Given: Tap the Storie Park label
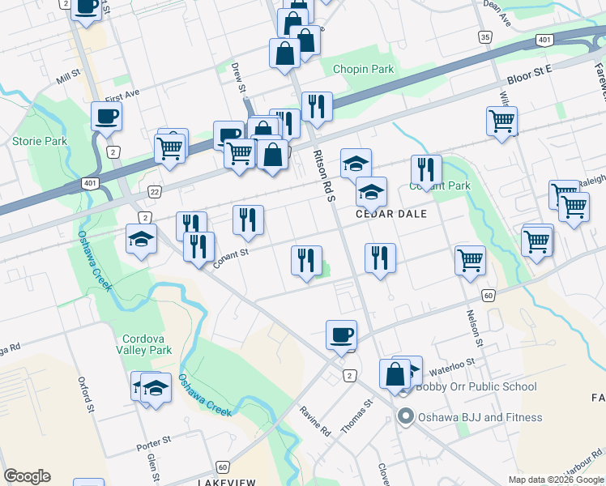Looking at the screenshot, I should (39, 141).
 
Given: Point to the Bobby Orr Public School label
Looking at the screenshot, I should (476, 386).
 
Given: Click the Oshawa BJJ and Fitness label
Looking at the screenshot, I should (480, 418).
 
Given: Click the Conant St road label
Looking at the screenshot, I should (229, 258).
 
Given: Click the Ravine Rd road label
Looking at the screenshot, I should (315, 421).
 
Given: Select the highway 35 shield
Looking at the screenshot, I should (484, 37).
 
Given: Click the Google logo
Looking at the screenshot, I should (27, 476).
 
